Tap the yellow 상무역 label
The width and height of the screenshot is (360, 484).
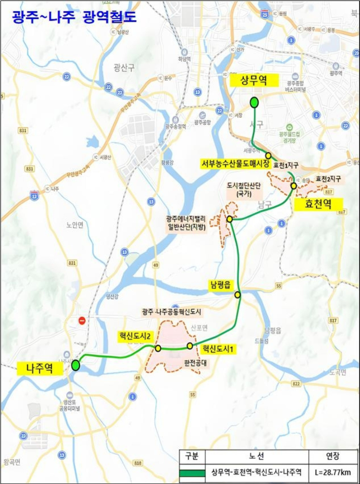point(254,80)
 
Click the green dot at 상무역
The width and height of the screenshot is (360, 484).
point(254,102)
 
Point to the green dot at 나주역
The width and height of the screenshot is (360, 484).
point(76,365)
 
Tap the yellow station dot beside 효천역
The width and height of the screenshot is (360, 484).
point(294,186)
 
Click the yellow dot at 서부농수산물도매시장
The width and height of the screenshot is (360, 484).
point(268,156)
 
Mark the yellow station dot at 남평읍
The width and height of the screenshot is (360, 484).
point(237,294)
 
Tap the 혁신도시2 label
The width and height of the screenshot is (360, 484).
point(135,335)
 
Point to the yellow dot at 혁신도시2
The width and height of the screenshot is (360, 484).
point(158,348)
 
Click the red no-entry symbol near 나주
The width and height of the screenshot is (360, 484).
point(82,321)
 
